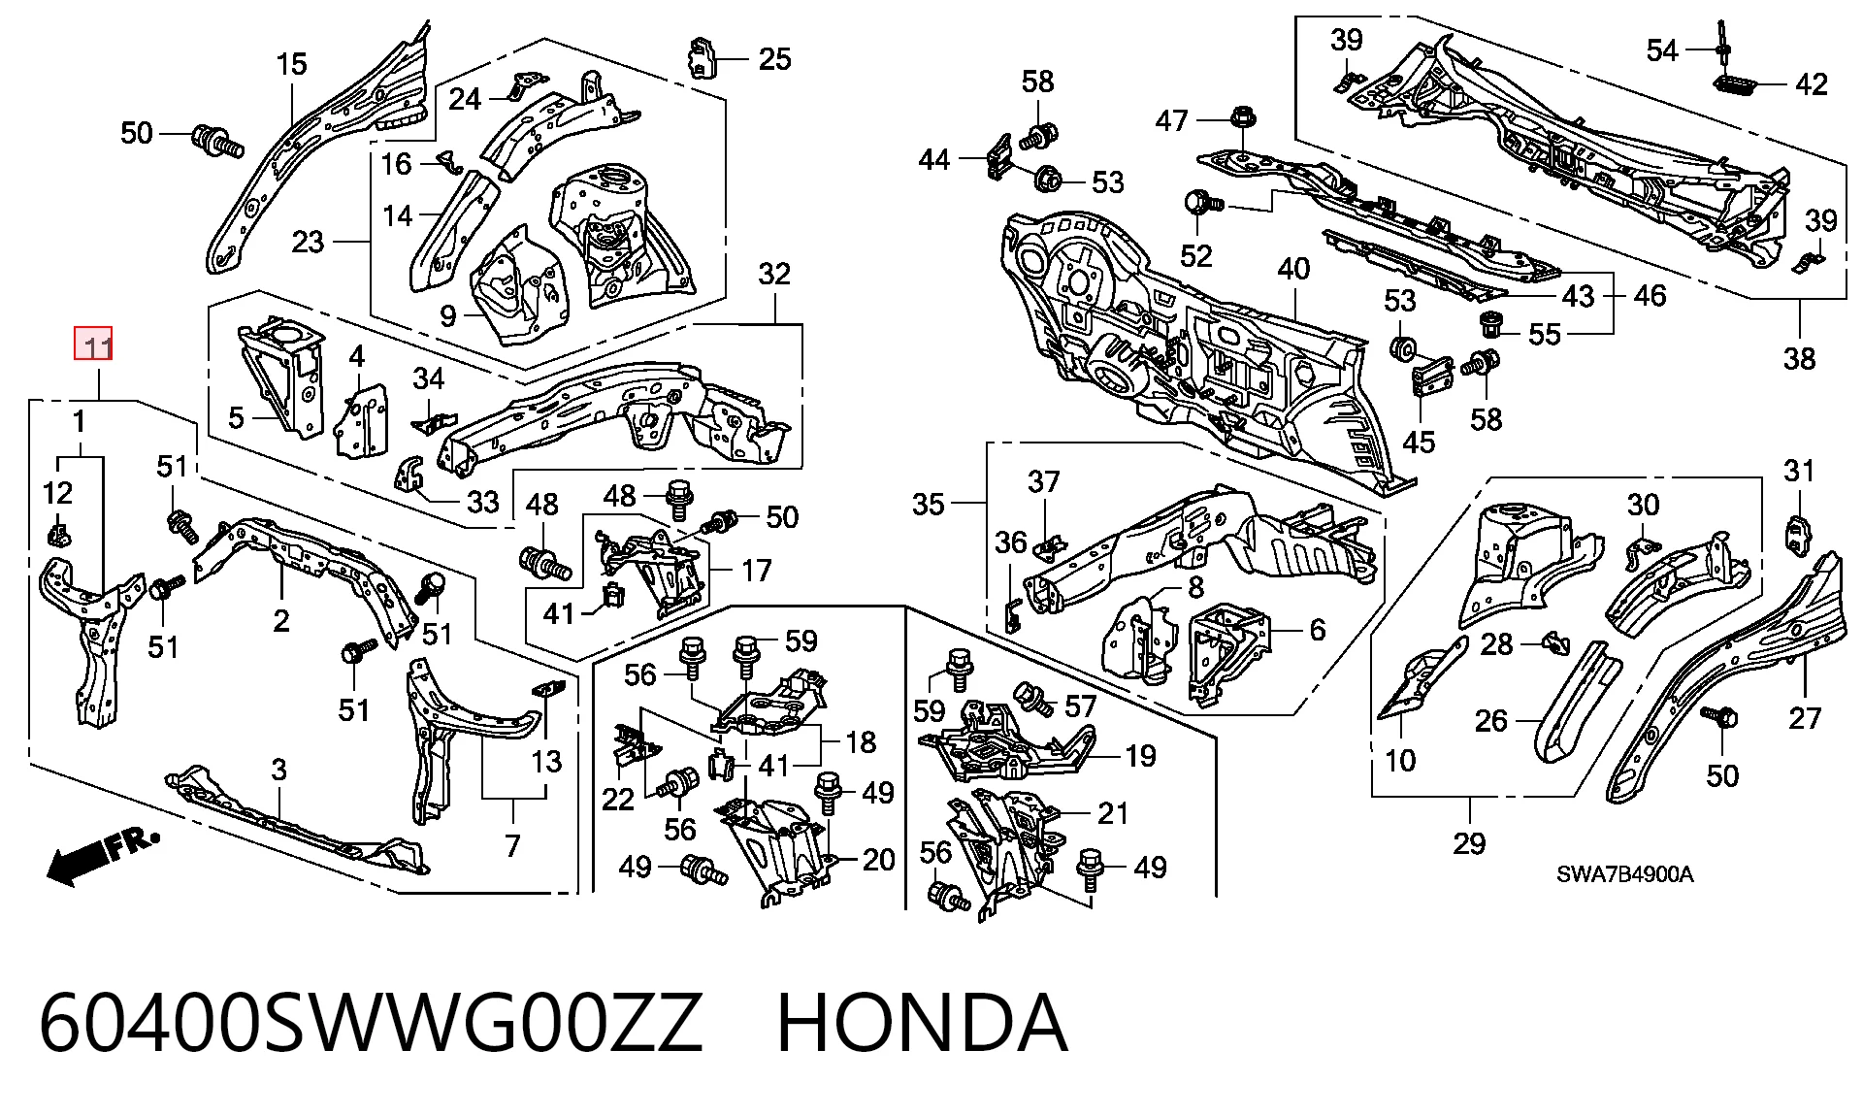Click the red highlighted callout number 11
pyautogui.click(x=95, y=345)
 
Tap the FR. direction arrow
pyautogui.click(x=101, y=855)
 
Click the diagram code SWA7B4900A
pyautogui.click(x=1625, y=874)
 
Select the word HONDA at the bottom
pyautogui.click(x=922, y=1023)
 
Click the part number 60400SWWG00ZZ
pyautogui.click(x=370, y=1023)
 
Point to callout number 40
pyautogui.click(x=1293, y=269)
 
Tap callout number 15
pyautogui.click(x=291, y=65)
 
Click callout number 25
pyautogui.click(x=774, y=59)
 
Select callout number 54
pyautogui.click(x=1662, y=49)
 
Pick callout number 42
pyautogui.click(x=1811, y=84)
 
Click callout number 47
pyautogui.click(x=1172, y=120)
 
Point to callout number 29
pyautogui.click(x=1469, y=842)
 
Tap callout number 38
pyautogui.click(x=1799, y=359)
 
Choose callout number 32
pyautogui.click(x=774, y=275)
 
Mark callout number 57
pyautogui.click(x=1080, y=706)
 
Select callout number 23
pyautogui.click(x=308, y=241)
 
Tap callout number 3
pyautogui.click(x=279, y=771)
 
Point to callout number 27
pyautogui.click(x=1805, y=718)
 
